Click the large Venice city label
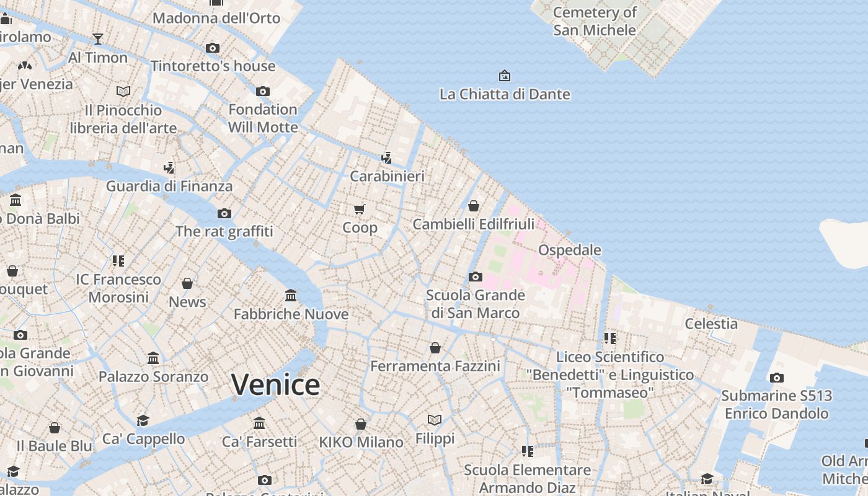tap(275, 385)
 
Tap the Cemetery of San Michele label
tap(594, 21)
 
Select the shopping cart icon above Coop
tap(360, 209)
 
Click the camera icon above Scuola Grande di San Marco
tap(476, 277)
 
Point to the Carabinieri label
tap(387, 176)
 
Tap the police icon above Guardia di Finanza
tap(169, 167)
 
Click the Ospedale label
tap(569, 250)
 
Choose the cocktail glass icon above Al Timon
tap(98, 39)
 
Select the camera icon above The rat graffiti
tap(224, 213)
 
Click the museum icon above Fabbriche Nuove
tap(291, 295)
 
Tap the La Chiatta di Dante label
tap(505, 94)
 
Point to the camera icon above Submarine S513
tap(776, 378)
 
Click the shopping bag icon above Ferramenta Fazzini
tap(435, 348)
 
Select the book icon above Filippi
tap(435, 420)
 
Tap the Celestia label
tap(711, 324)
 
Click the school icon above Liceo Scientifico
tap(610, 338)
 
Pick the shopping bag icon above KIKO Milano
tap(361, 424)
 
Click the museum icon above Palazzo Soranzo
tap(153, 358)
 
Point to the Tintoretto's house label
tap(213, 66)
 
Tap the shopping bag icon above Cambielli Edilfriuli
tap(474, 206)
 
